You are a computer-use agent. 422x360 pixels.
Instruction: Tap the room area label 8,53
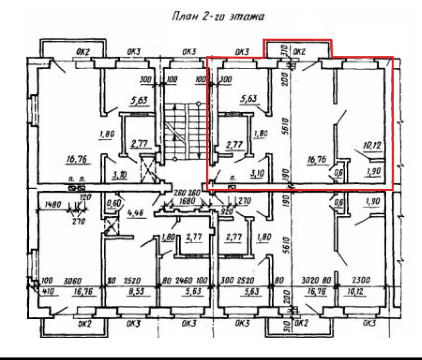tap(136, 292)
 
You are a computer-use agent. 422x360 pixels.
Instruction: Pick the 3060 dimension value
tap(63, 280)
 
